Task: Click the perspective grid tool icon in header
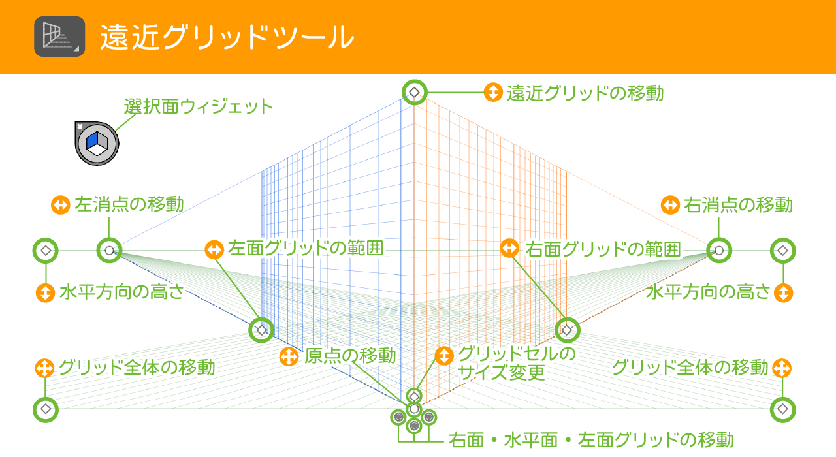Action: pyautogui.click(x=59, y=37)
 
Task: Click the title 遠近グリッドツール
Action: pyautogui.click(x=227, y=38)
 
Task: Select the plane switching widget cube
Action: pyautogui.click(x=97, y=142)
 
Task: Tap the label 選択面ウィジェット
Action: pyautogui.click(x=199, y=106)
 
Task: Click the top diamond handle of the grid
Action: pyautogui.click(x=414, y=93)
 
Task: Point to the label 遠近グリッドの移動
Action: pyautogui.click(x=585, y=93)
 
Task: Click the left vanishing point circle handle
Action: pyautogui.click(x=109, y=250)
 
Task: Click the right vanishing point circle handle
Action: pyautogui.click(x=719, y=250)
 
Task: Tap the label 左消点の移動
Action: pyautogui.click(x=129, y=204)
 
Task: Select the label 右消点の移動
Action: pyautogui.click(x=739, y=205)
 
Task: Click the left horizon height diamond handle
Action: pyautogui.click(x=46, y=250)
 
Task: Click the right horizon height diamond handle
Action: pyautogui.click(x=782, y=250)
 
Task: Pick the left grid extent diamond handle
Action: pyautogui.click(x=262, y=330)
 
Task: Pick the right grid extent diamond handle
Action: pyautogui.click(x=567, y=330)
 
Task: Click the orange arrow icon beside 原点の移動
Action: pyautogui.click(x=288, y=357)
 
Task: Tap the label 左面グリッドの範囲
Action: pyautogui.click(x=305, y=249)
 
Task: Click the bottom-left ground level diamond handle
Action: pyautogui.click(x=45, y=410)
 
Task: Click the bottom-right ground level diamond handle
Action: pyautogui.click(x=782, y=410)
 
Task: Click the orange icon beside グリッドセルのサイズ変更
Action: pyautogui.click(x=443, y=356)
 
